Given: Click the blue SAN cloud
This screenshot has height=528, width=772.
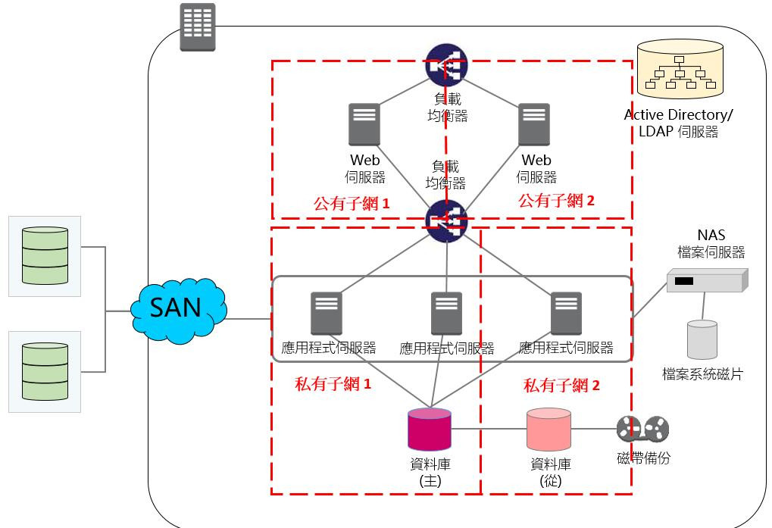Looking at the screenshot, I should pyautogui.click(x=179, y=308).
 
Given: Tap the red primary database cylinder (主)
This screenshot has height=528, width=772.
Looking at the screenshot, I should pyautogui.click(x=430, y=430).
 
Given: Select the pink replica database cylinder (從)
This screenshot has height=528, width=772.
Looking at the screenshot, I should pyautogui.click(x=549, y=430).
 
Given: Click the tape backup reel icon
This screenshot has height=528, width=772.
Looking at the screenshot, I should pyautogui.click(x=643, y=430).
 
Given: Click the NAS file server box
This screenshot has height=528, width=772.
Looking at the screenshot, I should pyautogui.click(x=706, y=281).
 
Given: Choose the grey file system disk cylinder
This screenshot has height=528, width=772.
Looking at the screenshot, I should pyautogui.click(x=702, y=339).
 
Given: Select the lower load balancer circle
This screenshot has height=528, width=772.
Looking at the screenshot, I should pyautogui.click(x=446, y=220).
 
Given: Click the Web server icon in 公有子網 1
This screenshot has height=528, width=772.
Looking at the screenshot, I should pyautogui.click(x=364, y=124).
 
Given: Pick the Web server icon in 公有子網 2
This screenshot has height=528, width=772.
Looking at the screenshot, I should pyautogui.click(x=534, y=124).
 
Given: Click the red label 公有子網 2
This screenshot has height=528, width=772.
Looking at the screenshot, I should pyautogui.click(x=557, y=201).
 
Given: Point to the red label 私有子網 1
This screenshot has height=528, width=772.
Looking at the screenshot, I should pyautogui.click(x=333, y=383).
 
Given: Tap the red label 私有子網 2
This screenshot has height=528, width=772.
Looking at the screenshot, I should pyautogui.click(x=561, y=385).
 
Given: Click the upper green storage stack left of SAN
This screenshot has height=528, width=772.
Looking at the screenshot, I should pyautogui.click(x=45, y=255).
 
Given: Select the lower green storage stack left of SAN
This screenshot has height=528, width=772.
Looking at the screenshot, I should pyautogui.click(x=45, y=371).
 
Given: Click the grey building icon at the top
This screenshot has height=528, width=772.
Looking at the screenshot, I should pyautogui.click(x=197, y=27).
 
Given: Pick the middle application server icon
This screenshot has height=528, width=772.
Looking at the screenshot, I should pyautogui.click(x=446, y=314).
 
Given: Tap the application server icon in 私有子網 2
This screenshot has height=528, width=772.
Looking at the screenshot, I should pyautogui.click(x=566, y=314).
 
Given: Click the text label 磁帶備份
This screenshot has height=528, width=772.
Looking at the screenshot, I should pyautogui.click(x=643, y=458).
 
